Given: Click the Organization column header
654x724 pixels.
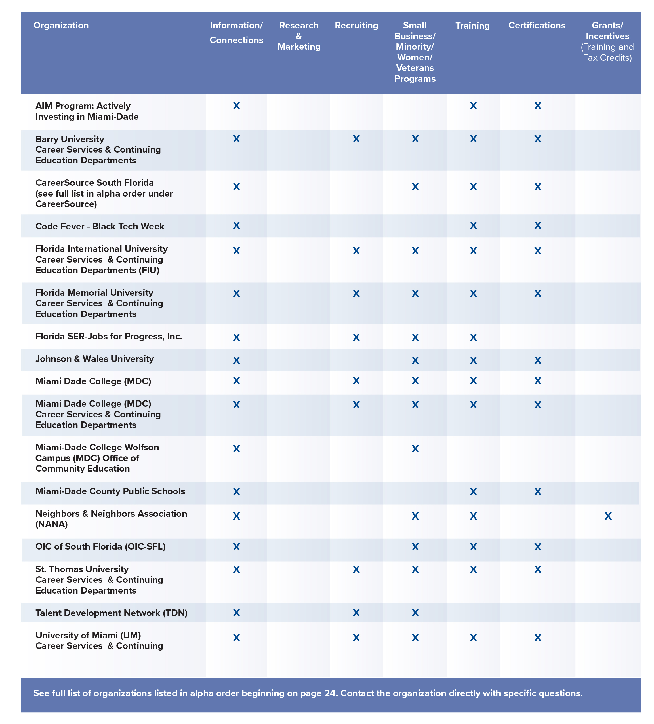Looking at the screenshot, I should coord(61,26).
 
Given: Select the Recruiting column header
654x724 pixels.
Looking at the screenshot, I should coord(356,26).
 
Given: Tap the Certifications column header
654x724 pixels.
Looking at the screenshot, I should coord(537,26).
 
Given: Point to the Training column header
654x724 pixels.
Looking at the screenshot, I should coord(472,26).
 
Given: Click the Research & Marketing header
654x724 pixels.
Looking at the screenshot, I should coord(298,36).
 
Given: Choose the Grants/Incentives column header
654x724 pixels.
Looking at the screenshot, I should coord(607,31).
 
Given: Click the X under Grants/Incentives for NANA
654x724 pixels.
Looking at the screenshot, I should coord(608,516).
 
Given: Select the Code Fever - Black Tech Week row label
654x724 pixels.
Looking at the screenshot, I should coord(100,226).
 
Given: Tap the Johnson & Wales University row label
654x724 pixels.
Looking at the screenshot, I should coord(94,359).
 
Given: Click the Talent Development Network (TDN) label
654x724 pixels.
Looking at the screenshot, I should coord(112,613).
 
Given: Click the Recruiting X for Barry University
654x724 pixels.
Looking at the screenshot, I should coord(356,139).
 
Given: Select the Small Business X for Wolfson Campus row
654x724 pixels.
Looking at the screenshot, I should coord(415,449).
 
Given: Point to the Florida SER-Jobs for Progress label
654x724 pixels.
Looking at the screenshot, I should coord(108,337).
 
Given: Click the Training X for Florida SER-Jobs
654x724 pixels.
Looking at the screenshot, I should coord(473,337).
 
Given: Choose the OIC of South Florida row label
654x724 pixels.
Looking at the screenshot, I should coord(100,546).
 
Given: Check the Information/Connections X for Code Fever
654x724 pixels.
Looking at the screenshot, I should coord(236,225).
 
